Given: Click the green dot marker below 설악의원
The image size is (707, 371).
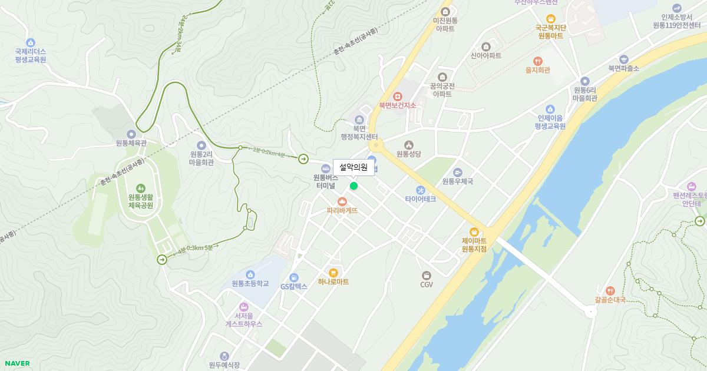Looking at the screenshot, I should (x=353, y=186).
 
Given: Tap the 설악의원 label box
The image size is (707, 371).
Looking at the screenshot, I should (x=353, y=168).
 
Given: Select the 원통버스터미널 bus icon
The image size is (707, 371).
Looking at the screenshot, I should (x=325, y=169).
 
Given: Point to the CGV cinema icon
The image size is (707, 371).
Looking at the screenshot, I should (x=427, y=276).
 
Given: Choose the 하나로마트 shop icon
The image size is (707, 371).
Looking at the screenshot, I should (x=333, y=273).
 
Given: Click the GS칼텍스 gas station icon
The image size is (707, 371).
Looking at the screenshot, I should (x=293, y=278).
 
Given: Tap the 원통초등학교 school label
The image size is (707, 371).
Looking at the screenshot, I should (x=250, y=283).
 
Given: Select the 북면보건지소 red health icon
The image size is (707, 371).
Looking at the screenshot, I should (x=397, y=97).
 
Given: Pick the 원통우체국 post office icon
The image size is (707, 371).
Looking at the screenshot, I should (x=458, y=172).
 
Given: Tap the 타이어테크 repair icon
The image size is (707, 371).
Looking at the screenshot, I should (x=420, y=190).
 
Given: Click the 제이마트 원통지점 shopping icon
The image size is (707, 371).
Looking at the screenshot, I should (x=474, y=231).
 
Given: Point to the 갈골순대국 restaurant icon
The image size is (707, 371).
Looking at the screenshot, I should (x=610, y=290).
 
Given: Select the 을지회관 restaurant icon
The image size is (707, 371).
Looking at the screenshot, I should (x=537, y=61).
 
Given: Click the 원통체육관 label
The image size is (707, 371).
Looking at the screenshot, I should (x=131, y=143).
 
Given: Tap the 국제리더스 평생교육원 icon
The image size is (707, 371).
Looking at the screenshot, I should (x=31, y=42).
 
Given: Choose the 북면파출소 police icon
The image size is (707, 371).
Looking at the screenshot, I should (x=624, y=59).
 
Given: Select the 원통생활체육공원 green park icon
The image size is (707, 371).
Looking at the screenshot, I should (x=140, y=188).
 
